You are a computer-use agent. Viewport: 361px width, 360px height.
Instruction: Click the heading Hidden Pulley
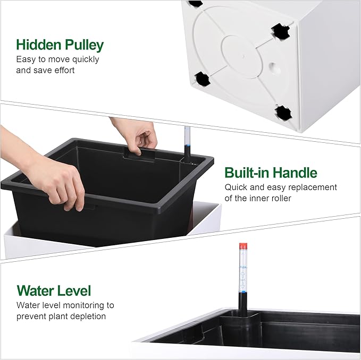point(60,44)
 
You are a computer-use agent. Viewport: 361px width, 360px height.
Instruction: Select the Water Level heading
point(54,291)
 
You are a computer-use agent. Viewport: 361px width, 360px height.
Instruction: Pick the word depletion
point(87,316)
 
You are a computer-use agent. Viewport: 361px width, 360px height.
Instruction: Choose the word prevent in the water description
point(31,316)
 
